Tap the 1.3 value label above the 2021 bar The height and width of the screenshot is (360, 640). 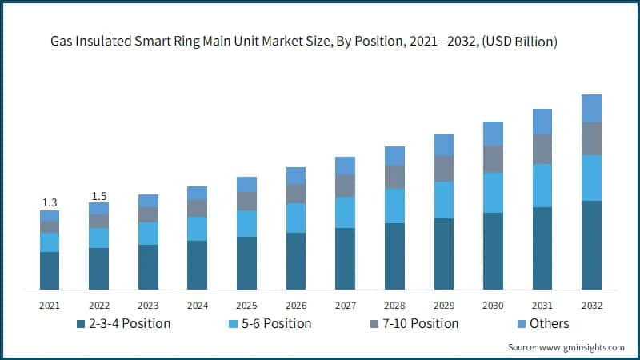[50, 203]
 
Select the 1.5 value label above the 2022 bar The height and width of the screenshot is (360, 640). [98, 195]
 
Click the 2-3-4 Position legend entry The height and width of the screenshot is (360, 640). [126, 323]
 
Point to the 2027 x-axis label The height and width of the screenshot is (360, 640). [345, 305]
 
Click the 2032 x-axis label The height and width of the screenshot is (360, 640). [591, 305]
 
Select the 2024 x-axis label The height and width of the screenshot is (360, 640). [198, 305]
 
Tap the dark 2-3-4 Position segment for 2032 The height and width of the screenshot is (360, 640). [591, 245]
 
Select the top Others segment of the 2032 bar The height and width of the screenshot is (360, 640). [591, 108]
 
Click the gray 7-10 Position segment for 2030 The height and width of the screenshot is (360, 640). [493, 158]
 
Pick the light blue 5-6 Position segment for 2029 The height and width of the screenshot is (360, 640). [444, 200]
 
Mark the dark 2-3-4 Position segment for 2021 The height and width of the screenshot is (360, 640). [50, 270]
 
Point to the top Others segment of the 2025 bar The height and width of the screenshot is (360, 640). [246, 184]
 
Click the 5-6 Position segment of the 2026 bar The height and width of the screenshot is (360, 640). [296, 218]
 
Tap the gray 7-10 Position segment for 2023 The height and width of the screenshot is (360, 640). [148, 214]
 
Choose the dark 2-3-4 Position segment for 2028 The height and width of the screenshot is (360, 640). [394, 256]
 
